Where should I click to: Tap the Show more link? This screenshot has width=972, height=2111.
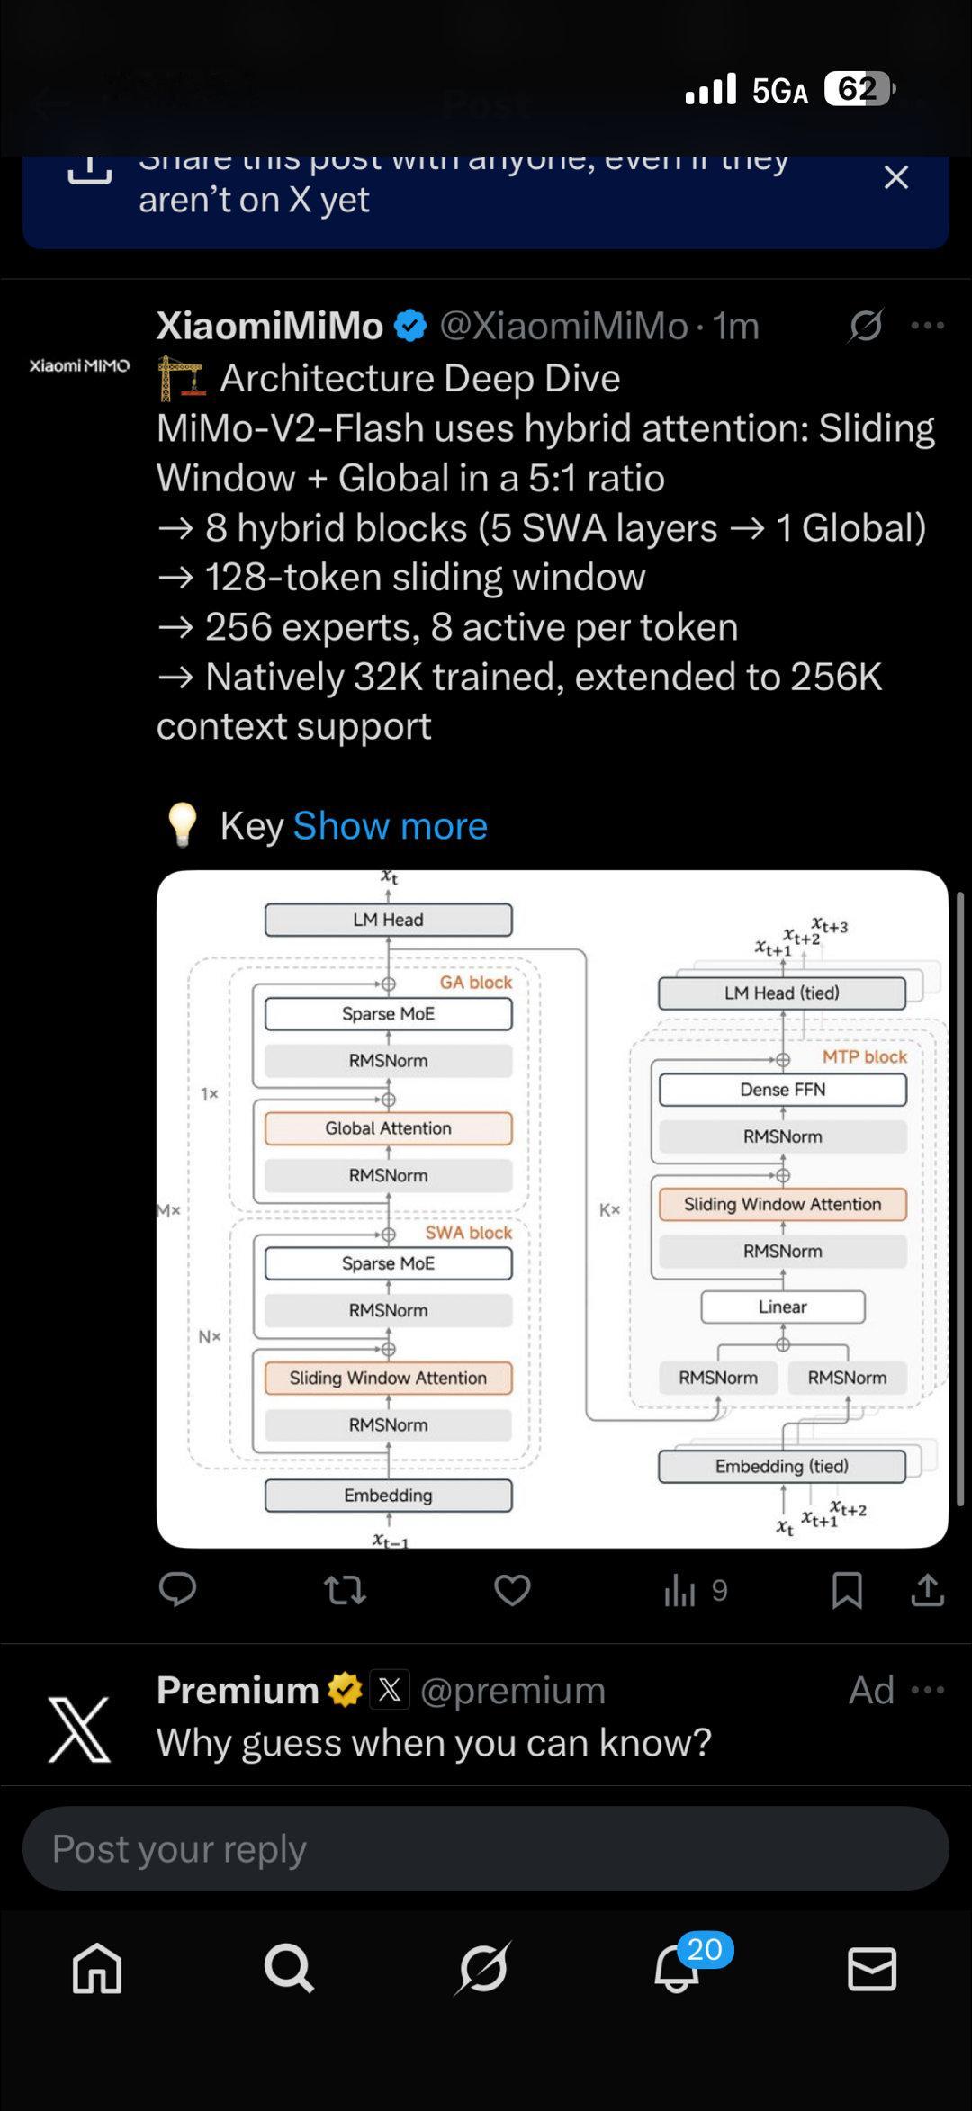[390, 826]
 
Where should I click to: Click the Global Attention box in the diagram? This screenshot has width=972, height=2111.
[388, 1128]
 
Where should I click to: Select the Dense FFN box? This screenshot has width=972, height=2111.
[782, 1090]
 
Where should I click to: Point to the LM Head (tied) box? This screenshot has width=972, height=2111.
[781, 993]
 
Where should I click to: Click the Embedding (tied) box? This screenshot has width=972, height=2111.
[781, 1466]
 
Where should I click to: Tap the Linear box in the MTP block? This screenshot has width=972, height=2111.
[782, 1307]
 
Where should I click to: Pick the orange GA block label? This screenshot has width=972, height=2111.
[475, 983]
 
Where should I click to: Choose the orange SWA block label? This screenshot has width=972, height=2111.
[468, 1233]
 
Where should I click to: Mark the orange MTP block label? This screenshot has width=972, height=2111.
[864, 1056]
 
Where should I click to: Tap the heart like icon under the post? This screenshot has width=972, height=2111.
[512, 1591]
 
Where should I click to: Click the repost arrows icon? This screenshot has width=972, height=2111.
[345, 1591]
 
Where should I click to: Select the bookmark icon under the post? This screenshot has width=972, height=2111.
[847, 1591]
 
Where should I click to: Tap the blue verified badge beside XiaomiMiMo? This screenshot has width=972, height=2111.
[411, 326]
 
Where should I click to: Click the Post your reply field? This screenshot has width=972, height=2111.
[486, 1848]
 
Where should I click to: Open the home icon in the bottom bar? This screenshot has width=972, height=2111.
[97, 1969]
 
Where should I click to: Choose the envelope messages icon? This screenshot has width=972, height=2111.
[872, 1969]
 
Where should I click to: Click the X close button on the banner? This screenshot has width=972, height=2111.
[895, 177]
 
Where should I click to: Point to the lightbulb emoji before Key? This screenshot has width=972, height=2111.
[183, 825]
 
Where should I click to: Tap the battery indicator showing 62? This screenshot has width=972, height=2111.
[859, 89]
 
